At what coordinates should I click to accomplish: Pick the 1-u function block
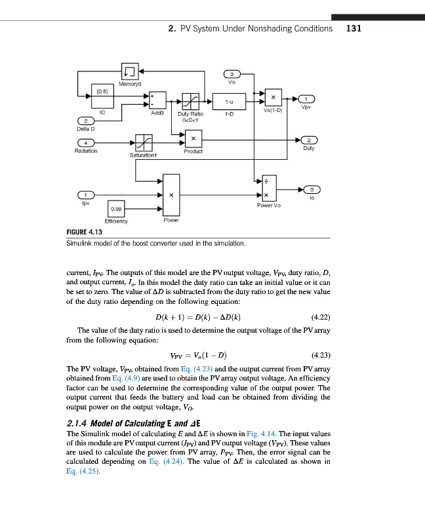[x=230, y=102]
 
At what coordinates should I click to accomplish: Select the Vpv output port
[x=308, y=99]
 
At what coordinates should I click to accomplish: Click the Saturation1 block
[x=144, y=142]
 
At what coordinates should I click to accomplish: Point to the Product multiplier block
[x=193, y=139]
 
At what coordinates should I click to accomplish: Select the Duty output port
[x=309, y=140]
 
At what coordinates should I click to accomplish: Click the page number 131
[x=354, y=28]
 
